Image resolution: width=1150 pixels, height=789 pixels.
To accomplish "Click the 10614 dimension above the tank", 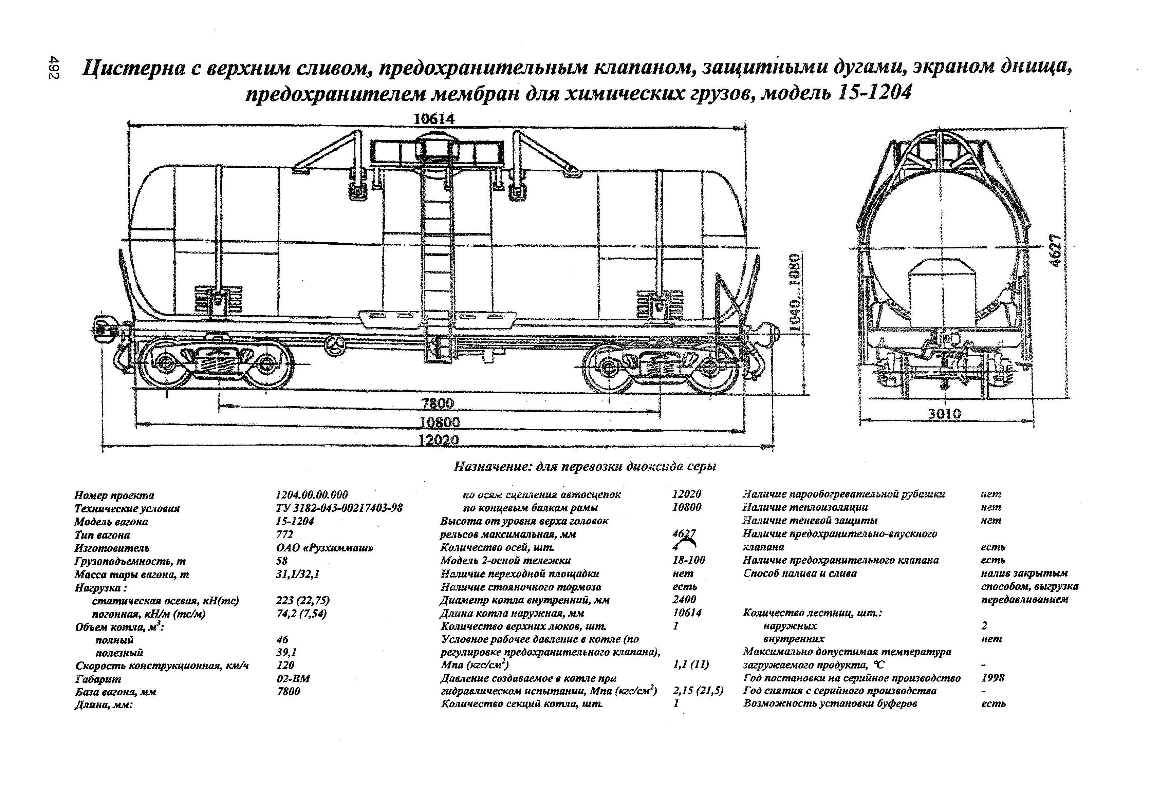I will coord(434,119).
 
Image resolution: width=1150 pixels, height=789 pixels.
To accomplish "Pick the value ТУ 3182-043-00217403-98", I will coord(339,508).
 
